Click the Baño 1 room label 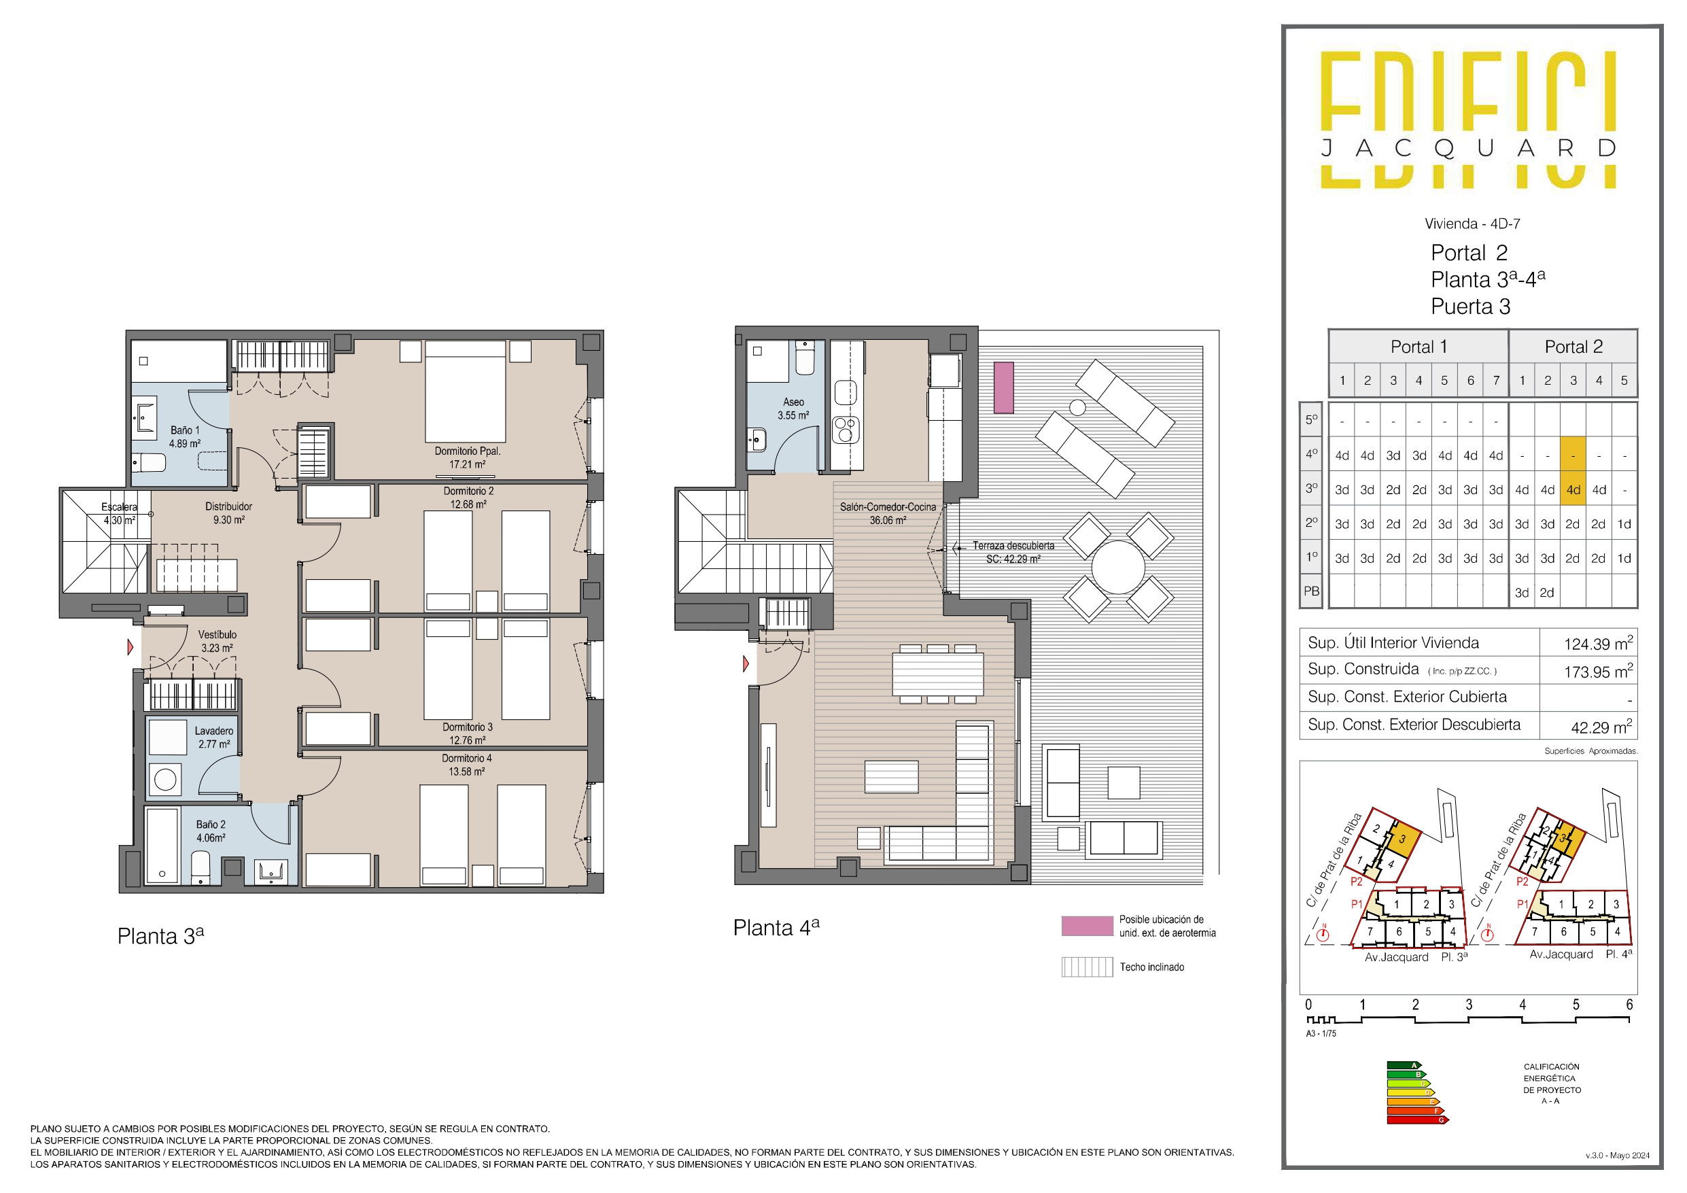click(184, 436)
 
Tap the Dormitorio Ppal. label click(468, 457)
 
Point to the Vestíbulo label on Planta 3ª click(218, 641)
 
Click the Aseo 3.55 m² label click(793, 409)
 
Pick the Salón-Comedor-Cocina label click(888, 513)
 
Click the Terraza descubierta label click(1013, 552)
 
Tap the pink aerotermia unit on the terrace click(1004, 387)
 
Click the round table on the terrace click(1118, 568)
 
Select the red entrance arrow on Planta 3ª click(130, 647)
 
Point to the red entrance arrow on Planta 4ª click(746, 663)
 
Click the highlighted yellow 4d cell click(1573, 489)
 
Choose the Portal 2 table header click(1574, 346)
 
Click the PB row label click(1312, 591)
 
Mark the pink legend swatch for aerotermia click(1088, 925)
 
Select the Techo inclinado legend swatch click(1088, 967)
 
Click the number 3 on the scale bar click(1469, 1004)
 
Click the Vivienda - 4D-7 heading click(1472, 224)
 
